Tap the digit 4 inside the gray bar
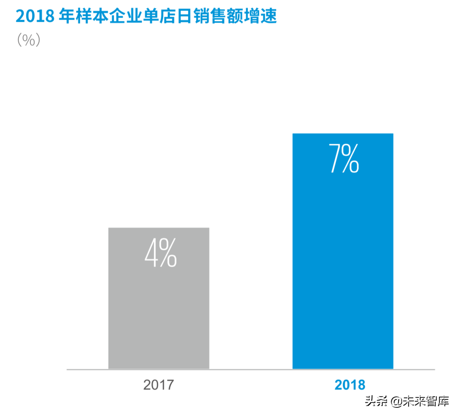tap(151, 253)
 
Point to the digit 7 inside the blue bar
tap(335, 158)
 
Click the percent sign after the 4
tap(168, 253)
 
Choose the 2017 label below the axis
tap(158, 384)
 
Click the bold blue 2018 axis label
tap(350, 384)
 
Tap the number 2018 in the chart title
tap(35, 17)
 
